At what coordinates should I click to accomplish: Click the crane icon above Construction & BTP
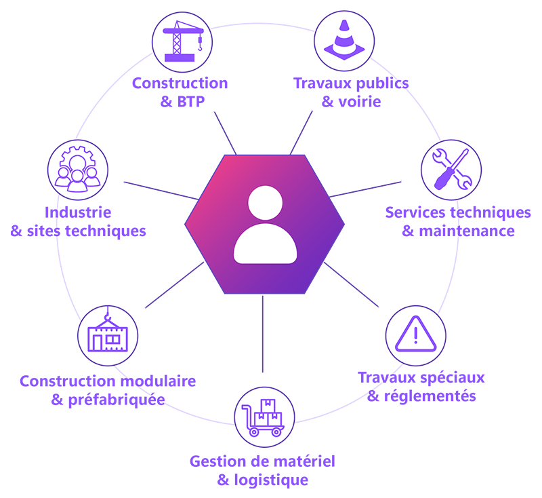183,41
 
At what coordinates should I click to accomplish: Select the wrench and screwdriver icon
452,169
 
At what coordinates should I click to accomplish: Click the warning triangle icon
415,334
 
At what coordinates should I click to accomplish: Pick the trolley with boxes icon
264,417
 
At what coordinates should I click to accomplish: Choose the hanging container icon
108,332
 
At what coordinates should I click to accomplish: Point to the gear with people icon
77,169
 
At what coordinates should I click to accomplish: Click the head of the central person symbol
265,203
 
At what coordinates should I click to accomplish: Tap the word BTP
191,102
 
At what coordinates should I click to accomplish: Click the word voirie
360,102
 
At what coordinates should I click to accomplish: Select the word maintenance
467,231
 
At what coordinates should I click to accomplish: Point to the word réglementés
430,396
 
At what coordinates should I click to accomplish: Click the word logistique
271,480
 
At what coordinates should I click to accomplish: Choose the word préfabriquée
117,400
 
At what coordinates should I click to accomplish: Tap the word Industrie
78,212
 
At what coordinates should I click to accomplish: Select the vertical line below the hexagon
263,334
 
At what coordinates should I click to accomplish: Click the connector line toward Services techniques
365,189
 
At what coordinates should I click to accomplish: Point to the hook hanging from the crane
200,43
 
